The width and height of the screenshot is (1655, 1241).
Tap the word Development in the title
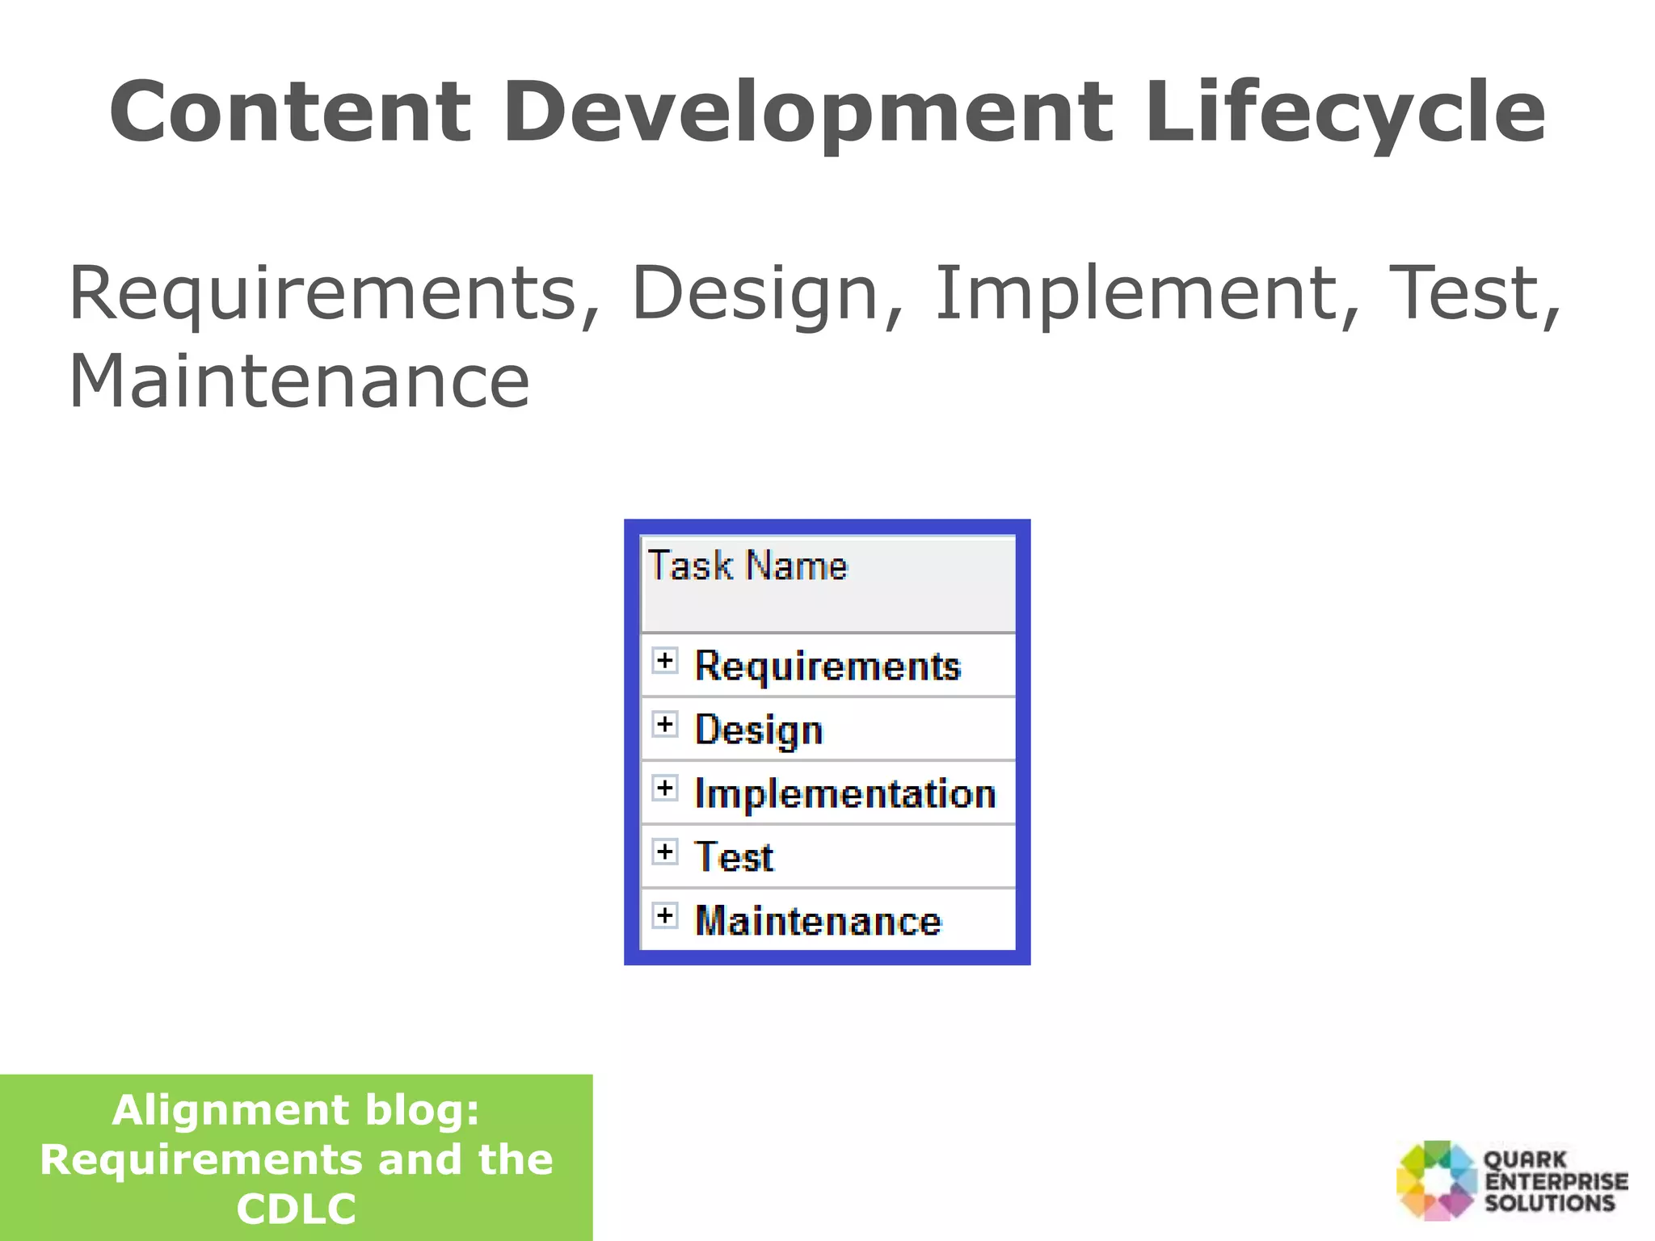coord(808,113)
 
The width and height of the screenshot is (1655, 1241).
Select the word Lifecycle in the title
coord(1345,113)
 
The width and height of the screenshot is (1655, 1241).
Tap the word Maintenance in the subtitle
coord(299,381)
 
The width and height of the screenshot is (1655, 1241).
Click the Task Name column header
coord(748,566)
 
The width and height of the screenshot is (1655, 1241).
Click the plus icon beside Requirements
coord(664,661)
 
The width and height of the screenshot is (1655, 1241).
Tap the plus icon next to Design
coord(664,724)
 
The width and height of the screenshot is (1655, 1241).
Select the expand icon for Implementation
coord(664,788)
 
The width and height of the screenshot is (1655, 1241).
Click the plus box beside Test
coord(664,852)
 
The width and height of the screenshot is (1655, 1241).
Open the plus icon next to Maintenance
coord(664,915)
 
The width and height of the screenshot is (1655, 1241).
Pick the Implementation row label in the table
coord(844,793)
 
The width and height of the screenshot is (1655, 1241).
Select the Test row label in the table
coord(734,857)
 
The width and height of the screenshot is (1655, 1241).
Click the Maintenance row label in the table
coord(818,921)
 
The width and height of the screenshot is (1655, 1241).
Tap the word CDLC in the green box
coord(296,1209)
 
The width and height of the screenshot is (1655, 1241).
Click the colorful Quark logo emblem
coord(1436,1180)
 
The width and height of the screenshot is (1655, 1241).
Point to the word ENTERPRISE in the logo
coord(1556,1181)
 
